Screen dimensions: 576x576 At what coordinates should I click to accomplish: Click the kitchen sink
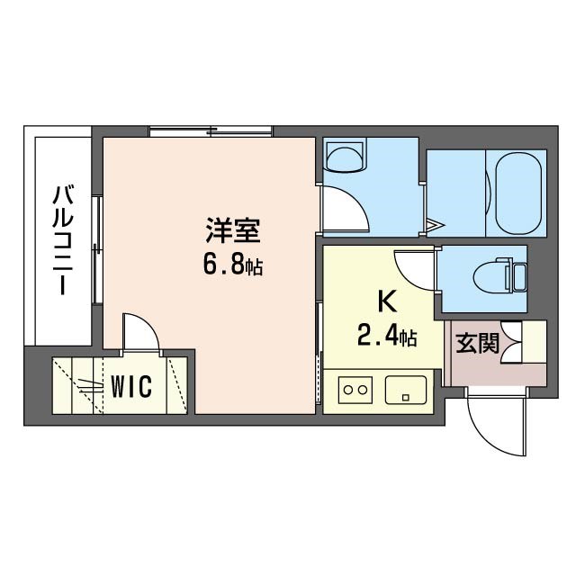tap(406, 390)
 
